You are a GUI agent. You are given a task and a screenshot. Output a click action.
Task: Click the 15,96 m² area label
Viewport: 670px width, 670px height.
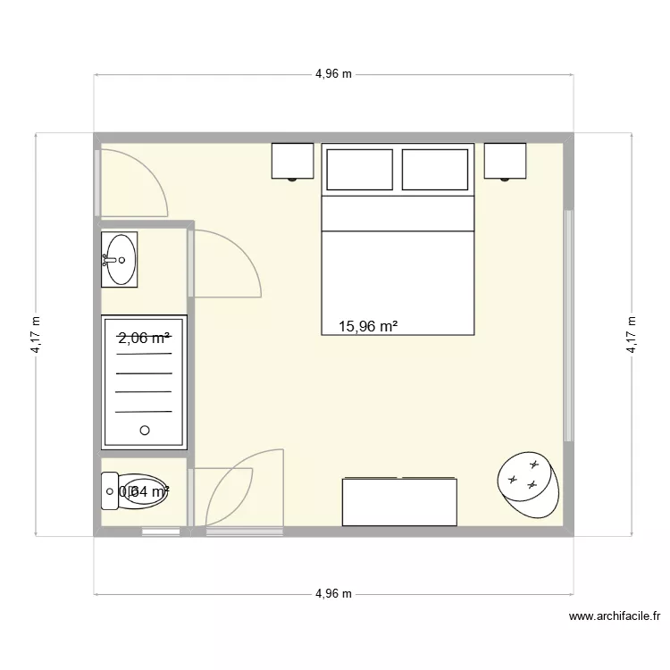(x=368, y=327)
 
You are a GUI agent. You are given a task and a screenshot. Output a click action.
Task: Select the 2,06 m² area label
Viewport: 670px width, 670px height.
(x=144, y=338)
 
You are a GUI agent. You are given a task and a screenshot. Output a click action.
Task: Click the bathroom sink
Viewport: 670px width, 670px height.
(x=120, y=259)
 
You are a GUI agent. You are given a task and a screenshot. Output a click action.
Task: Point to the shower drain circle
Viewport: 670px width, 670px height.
(x=144, y=431)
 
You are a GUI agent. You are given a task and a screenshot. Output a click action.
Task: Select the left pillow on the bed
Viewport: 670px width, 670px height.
(x=359, y=170)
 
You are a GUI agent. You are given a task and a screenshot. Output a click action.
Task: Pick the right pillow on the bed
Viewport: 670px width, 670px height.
(x=435, y=170)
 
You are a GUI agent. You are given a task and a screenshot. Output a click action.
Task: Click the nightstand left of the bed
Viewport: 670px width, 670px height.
(x=292, y=161)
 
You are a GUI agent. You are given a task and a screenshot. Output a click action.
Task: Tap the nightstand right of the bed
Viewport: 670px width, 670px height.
(x=506, y=161)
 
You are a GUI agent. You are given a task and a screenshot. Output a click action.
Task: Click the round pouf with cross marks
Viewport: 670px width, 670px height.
(x=529, y=484)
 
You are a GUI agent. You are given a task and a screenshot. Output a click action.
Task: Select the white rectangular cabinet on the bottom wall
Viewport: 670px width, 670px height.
(x=399, y=501)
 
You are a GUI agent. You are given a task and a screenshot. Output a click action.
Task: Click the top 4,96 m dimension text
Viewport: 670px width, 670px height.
(x=333, y=74)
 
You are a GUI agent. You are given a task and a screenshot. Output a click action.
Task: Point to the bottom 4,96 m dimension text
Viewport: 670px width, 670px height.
(x=333, y=594)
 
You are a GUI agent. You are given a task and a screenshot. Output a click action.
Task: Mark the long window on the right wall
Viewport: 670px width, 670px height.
(x=567, y=325)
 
